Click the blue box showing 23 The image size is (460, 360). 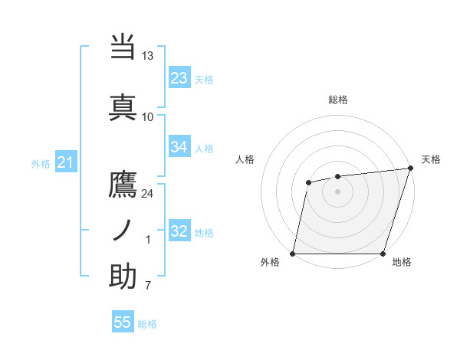pyautogui.click(x=179, y=78)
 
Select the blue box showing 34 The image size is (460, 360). pyautogui.click(x=179, y=147)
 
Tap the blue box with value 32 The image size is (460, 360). pyautogui.click(x=179, y=231)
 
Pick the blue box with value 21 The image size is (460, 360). pyautogui.click(x=65, y=162)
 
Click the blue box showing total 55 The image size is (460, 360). pyautogui.click(x=123, y=322)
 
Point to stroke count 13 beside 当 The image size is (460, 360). pyautogui.click(x=148, y=56)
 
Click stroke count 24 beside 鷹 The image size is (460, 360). pyautogui.click(x=148, y=193)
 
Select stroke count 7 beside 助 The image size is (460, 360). pyautogui.click(x=147, y=286)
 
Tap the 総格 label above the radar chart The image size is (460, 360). pyautogui.click(x=338, y=100)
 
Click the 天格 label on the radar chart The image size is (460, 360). pyautogui.click(x=431, y=159)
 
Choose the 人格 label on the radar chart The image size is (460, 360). pyautogui.click(x=245, y=159)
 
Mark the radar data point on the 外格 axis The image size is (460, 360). pyautogui.click(x=293, y=254)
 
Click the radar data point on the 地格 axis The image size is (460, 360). pyautogui.click(x=383, y=254)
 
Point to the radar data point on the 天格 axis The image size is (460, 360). pyautogui.click(x=410, y=169)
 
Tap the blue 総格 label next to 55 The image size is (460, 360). pyautogui.click(x=147, y=324)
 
